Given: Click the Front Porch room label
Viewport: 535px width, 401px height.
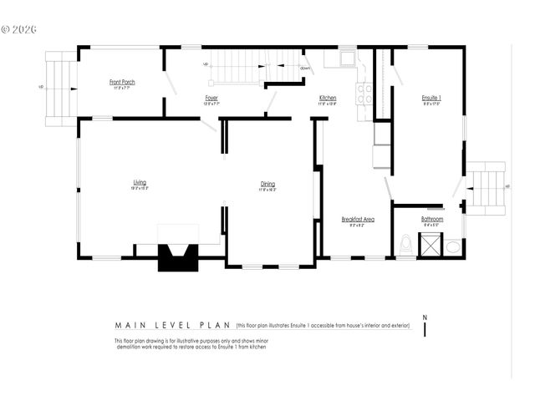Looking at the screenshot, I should click(x=122, y=82).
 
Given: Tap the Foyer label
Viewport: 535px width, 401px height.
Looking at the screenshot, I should click(x=212, y=99).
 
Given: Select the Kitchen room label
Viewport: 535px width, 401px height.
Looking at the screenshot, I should click(x=328, y=99).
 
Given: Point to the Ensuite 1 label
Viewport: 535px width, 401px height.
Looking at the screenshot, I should click(x=431, y=99).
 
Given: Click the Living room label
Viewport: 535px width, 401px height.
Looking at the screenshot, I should click(x=140, y=182).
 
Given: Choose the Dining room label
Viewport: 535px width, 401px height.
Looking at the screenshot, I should click(x=267, y=184).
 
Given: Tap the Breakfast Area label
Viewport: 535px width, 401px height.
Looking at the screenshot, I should click(x=357, y=219).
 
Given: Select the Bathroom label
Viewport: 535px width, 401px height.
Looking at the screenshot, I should click(x=432, y=219).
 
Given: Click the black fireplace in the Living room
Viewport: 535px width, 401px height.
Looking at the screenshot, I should click(x=178, y=256).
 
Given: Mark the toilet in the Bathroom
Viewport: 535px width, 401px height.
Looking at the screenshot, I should click(x=406, y=244).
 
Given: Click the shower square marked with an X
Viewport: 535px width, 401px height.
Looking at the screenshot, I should click(x=431, y=246).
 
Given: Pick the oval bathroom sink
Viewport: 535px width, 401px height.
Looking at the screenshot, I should click(x=452, y=246).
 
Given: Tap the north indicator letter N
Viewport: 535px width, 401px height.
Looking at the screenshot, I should click(x=425, y=317).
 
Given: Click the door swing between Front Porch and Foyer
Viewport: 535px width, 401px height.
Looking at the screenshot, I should click(x=171, y=84).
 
